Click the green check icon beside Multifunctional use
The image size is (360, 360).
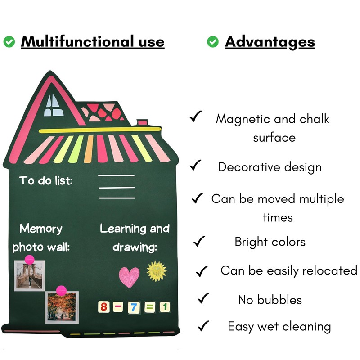tap(9, 42)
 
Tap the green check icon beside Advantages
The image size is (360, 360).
tap(213, 42)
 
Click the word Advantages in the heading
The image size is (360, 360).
tap(270, 42)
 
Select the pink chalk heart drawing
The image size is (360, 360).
tap(129, 277)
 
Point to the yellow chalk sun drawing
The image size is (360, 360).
tap(157, 271)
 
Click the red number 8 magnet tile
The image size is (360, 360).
tap(104, 308)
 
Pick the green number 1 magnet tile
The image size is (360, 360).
tap(165, 308)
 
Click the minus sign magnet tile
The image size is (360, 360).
tap(119, 308)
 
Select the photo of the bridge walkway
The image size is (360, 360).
tap(29, 275)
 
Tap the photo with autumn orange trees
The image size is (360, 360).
tap(62, 307)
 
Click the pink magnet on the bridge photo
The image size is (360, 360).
tap(29, 260)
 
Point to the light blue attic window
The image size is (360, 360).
tap(52, 103)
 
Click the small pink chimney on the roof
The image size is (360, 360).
tap(143, 122)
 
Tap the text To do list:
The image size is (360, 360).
tap(46, 181)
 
